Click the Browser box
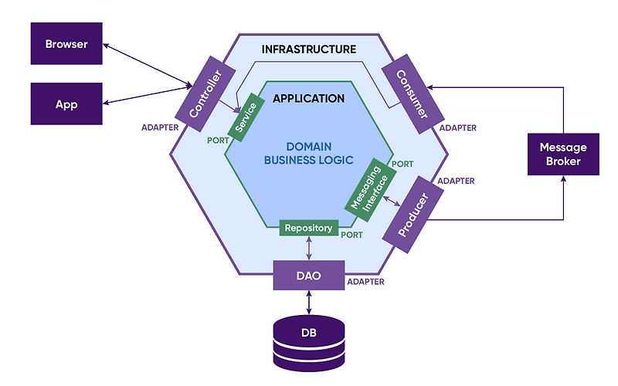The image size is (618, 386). point(66,43)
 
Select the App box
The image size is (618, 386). point(66,103)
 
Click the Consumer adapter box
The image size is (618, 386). point(411,93)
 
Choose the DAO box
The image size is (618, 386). point(309,275)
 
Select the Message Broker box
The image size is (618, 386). point(563,154)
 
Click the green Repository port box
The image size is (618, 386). point(308,228)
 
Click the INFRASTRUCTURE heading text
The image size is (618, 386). point(308,49)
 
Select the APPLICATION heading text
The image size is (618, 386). point(308,98)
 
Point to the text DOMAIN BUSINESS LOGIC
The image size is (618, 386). point(308,153)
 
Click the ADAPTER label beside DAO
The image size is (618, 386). point(366,282)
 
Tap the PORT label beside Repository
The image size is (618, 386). point(352,234)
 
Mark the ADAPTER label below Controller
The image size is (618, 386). point(161,127)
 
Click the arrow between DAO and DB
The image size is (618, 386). point(309,302)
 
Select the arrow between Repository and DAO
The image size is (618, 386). point(309,248)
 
